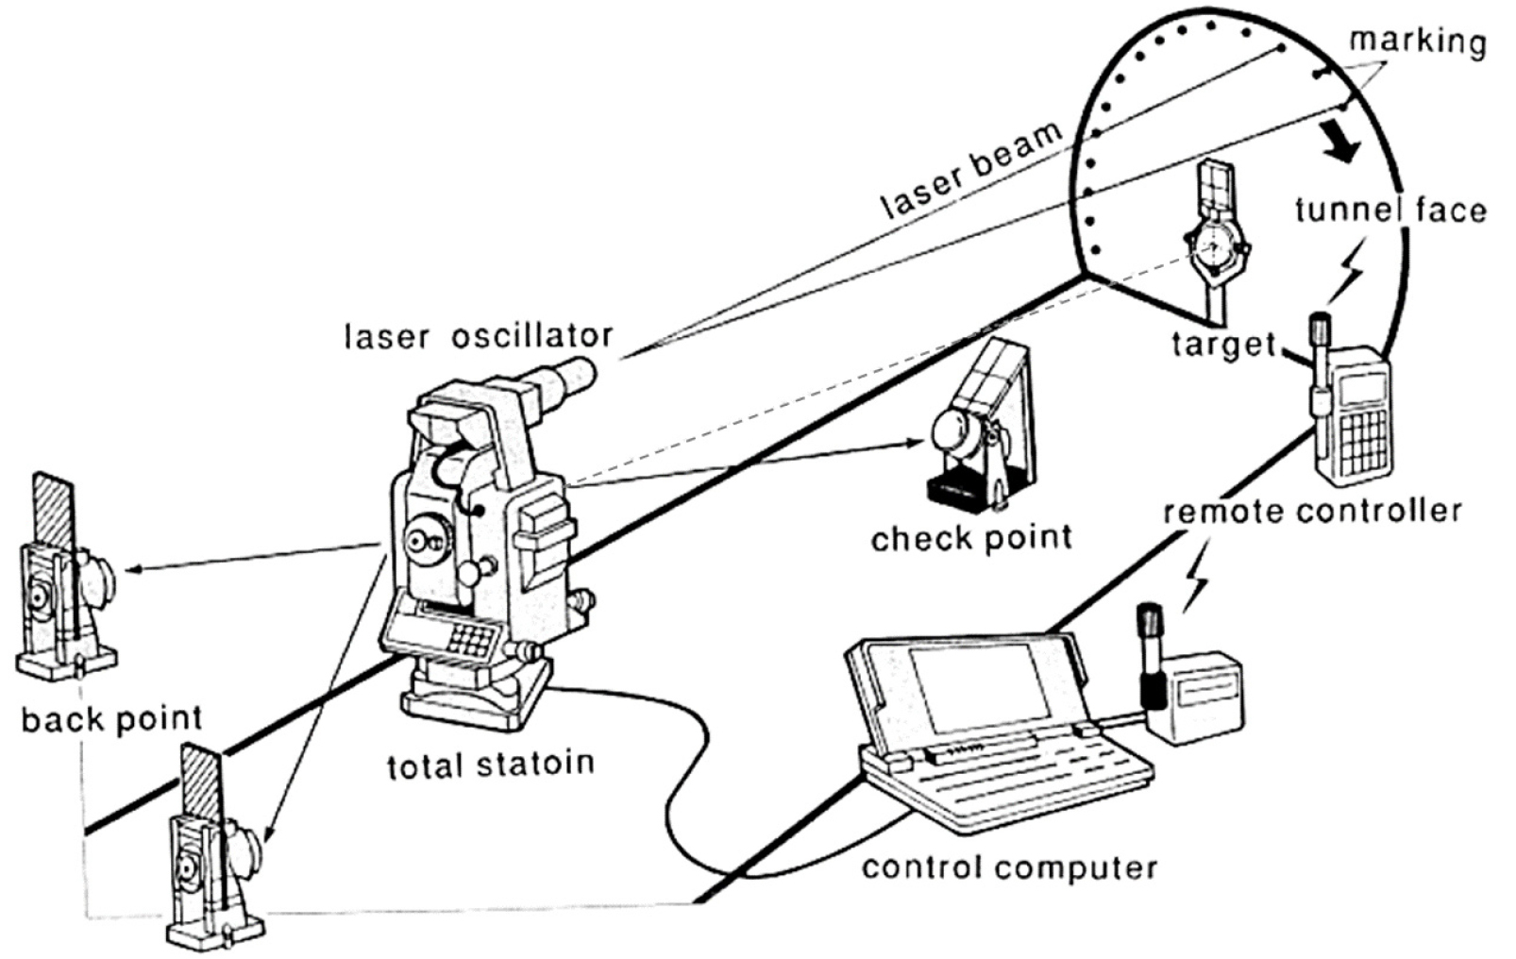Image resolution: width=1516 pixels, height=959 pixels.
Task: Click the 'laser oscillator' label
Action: pos(479,335)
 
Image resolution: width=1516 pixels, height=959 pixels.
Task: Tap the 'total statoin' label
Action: pos(491,763)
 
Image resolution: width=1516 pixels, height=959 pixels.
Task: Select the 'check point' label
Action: pos(971,538)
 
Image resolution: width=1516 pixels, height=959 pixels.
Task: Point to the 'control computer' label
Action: pos(1009,866)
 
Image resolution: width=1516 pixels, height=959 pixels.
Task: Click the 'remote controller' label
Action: pos(1312,511)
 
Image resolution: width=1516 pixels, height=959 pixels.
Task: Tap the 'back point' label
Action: pos(111,719)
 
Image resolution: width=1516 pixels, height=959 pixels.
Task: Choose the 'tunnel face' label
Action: pos(1390,210)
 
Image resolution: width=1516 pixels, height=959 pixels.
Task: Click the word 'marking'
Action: pos(1417,42)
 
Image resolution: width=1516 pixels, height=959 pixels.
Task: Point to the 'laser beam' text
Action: pos(971,173)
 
